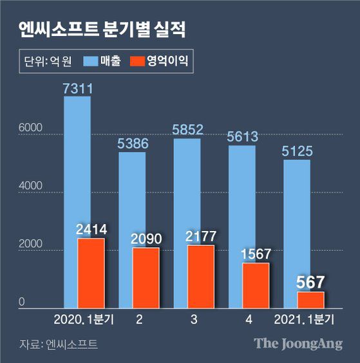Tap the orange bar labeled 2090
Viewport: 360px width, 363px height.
pyautogui.click(x=145, y=278)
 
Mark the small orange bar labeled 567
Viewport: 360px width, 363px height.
pyautogui.click(x=310, y=300)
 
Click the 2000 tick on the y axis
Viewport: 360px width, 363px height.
pyautogui.click(x=30, y=245)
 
